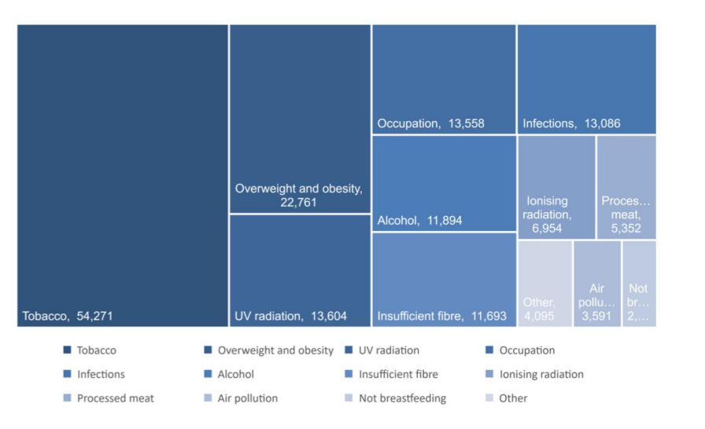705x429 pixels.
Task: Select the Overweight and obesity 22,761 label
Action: click(298, 196)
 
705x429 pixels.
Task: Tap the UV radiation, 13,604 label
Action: click(290, 317)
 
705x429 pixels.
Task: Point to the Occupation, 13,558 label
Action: click(430, 123)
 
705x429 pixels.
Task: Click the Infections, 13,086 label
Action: click(571, 123)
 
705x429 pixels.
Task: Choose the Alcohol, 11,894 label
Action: click(419, 221)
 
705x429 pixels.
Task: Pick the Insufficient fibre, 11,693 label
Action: click(441, 317)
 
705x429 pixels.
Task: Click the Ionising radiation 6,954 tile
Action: click(556, 187)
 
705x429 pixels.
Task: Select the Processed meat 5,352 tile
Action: click(626, 187)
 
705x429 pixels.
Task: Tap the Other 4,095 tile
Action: click(544, 284)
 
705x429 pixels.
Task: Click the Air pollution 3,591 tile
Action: click(597, 284)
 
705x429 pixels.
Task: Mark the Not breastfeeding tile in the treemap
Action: click(639, 284)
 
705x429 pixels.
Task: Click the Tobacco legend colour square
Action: click(67, 350)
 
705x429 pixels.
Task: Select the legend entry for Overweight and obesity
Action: click(275, 350)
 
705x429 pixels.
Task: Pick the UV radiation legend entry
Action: click(388, 350)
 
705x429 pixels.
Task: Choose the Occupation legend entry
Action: click(526, 350)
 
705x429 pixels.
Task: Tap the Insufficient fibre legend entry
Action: click(397, 375)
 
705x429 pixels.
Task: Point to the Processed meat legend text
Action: click(116, 398)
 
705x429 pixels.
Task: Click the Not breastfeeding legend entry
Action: click(401, 398)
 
